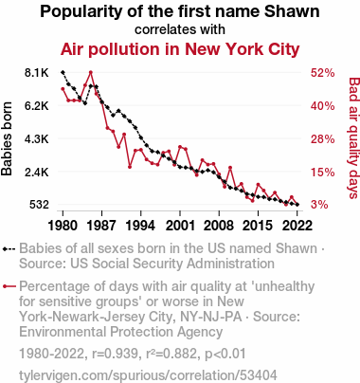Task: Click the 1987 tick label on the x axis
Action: click(101, 226)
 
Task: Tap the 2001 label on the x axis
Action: click(180, 226)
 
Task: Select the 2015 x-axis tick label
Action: click(258, 226)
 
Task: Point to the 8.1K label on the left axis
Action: click(37, 73)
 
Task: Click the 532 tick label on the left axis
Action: click(39, 205)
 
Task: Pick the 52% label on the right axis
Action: click(322, 73)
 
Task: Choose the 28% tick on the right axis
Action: click(322, 139)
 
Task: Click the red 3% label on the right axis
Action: click(319, 205)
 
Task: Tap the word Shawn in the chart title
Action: click(292, 11)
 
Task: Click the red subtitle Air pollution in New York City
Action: click(180, 49)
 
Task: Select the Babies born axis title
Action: click(7, 138)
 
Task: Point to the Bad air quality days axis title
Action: click(353, 138)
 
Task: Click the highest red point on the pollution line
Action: click(91, 72)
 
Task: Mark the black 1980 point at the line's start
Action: click(63, 72)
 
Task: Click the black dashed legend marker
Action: click(9, 249)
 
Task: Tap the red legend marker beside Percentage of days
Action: click(9, 286)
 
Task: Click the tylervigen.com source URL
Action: click(148, 375)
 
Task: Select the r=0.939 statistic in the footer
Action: click(116, 354)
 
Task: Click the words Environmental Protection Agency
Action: click(121, 332)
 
